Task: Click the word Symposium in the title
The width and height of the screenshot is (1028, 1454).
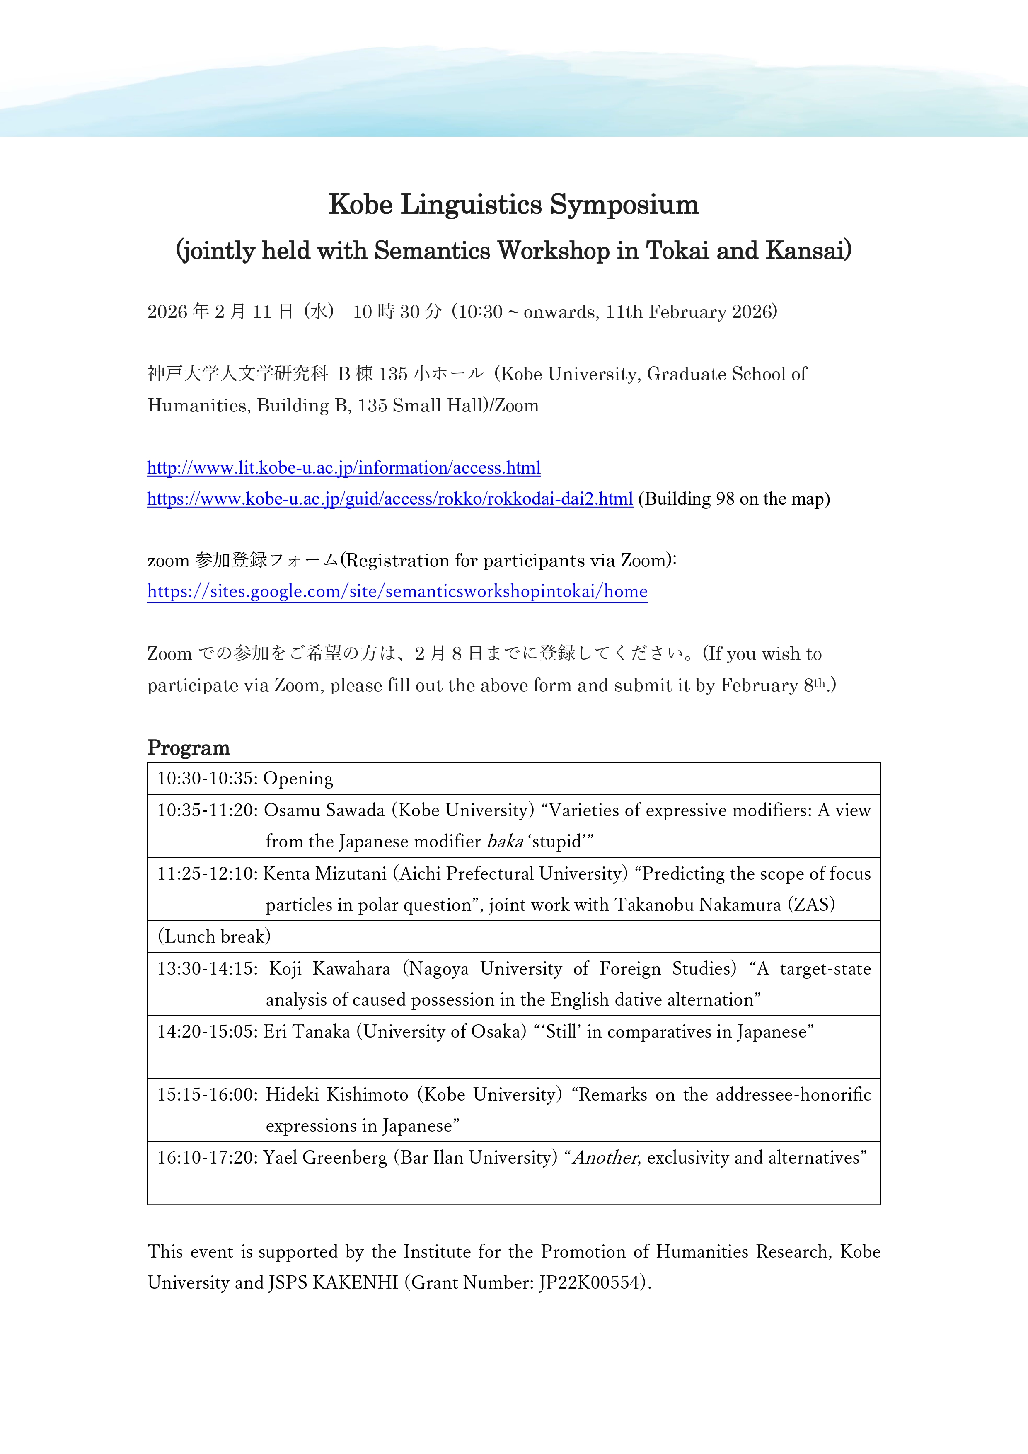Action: click(x=624, y=205)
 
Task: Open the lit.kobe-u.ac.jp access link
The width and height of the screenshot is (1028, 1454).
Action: click(x=343, y=468)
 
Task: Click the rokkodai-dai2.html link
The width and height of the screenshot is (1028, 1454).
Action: click(x=389, y=499)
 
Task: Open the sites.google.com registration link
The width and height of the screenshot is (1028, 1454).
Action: click(x=397, y=591)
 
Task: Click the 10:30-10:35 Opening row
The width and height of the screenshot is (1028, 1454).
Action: click(x=245, y=778)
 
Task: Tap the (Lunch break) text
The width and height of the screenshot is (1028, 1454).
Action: click(x=214, y=936)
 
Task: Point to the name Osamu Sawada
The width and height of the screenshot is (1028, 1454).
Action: click(x=324, y=810)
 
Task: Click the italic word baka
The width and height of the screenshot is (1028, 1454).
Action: click(x=505, y=842)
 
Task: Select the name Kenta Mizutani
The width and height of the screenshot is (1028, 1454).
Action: click(x=324, y=874)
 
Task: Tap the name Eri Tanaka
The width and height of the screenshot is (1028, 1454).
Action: click(x=307, y=1032)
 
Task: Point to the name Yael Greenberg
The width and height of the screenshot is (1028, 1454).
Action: click(x=324, y=1158)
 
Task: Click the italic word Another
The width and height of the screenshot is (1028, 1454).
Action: click(x=605, y=1158)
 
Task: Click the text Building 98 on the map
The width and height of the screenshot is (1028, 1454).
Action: click(x=733, y=499)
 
